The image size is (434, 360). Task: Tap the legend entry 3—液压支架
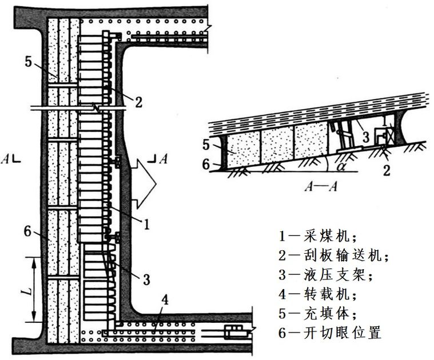point(325,275)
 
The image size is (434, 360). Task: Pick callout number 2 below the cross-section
point(387,169)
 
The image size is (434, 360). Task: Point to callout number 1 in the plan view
point(147,225)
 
